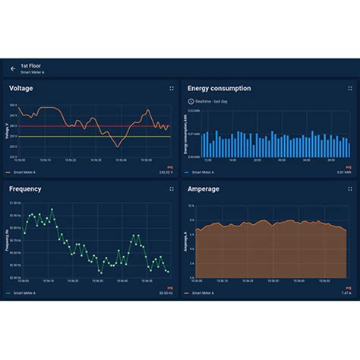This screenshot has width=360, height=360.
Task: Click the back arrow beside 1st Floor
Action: (13, 68)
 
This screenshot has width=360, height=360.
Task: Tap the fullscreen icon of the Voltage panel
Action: (171, 88)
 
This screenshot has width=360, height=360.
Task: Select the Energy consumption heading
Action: (219, 88)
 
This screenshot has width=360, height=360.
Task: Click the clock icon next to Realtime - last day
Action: (191, 100)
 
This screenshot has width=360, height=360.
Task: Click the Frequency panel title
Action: (25, 189)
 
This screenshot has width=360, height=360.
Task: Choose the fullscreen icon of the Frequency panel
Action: (171, 189)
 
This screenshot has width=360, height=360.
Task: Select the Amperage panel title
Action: (204, 189)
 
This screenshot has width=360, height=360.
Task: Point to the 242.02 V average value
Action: (166, 172)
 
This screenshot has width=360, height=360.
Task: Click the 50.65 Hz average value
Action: (166, 292)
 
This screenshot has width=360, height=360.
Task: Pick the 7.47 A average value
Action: (346, 292)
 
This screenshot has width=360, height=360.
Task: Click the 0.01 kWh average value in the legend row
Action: (345, 172)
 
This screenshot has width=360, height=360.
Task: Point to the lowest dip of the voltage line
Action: (115, 146)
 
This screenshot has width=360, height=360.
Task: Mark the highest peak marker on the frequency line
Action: (50, 209)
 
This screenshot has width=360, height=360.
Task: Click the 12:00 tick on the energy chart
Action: (208, 160)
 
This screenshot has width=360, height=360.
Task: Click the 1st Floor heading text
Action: (30, 66)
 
